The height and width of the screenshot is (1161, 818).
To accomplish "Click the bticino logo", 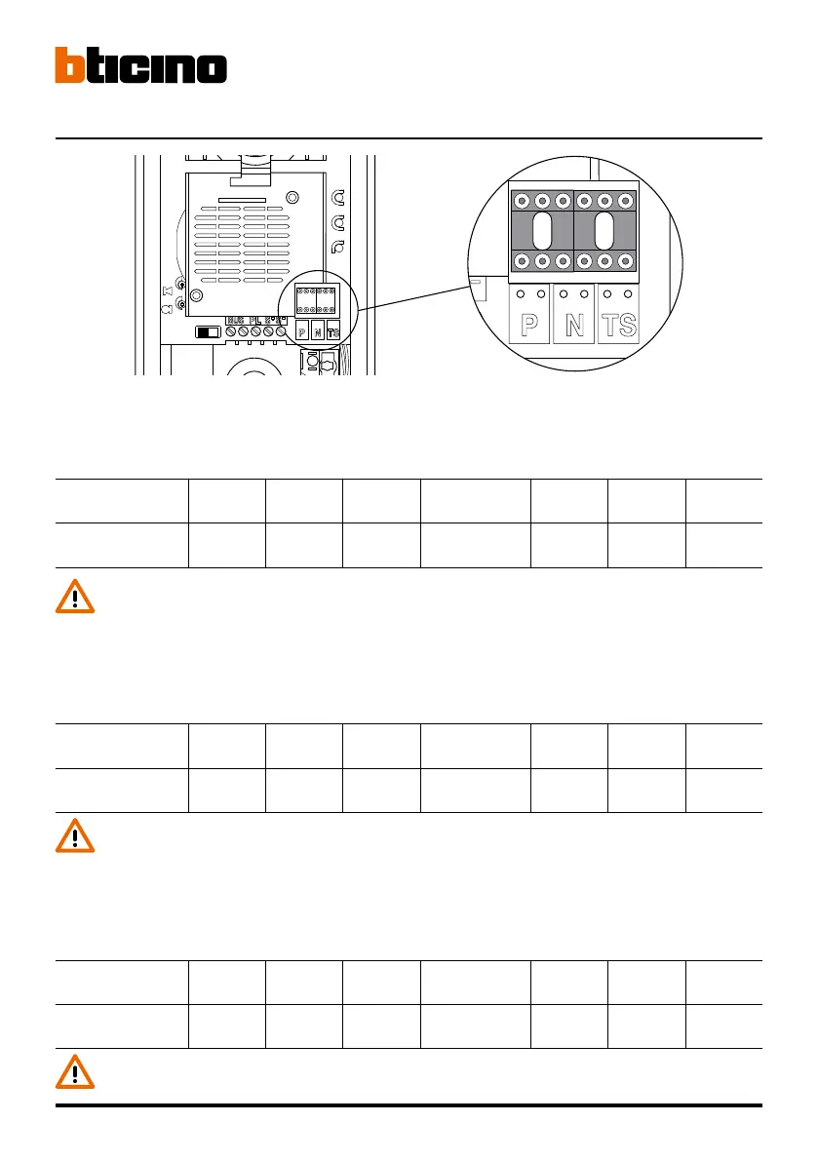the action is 140,65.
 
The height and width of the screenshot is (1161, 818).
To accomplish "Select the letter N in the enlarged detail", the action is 574,325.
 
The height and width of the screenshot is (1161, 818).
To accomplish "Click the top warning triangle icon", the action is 75,597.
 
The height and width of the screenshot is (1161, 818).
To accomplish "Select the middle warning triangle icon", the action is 75,836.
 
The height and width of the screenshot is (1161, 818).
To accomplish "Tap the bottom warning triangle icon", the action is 75,1072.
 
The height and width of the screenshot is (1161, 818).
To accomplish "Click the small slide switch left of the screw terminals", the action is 209,332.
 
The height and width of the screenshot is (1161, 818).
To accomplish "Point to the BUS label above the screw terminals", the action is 236,320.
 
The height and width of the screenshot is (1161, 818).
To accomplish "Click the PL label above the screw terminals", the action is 255,320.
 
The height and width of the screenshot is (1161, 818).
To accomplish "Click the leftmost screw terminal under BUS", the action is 233,332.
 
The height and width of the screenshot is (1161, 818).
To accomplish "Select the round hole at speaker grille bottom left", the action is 196,294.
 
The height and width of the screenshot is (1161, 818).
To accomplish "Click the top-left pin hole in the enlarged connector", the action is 523,202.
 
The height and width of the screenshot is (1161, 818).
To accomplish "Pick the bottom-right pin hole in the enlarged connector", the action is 625,261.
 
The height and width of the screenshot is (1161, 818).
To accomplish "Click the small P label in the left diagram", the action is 302,331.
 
